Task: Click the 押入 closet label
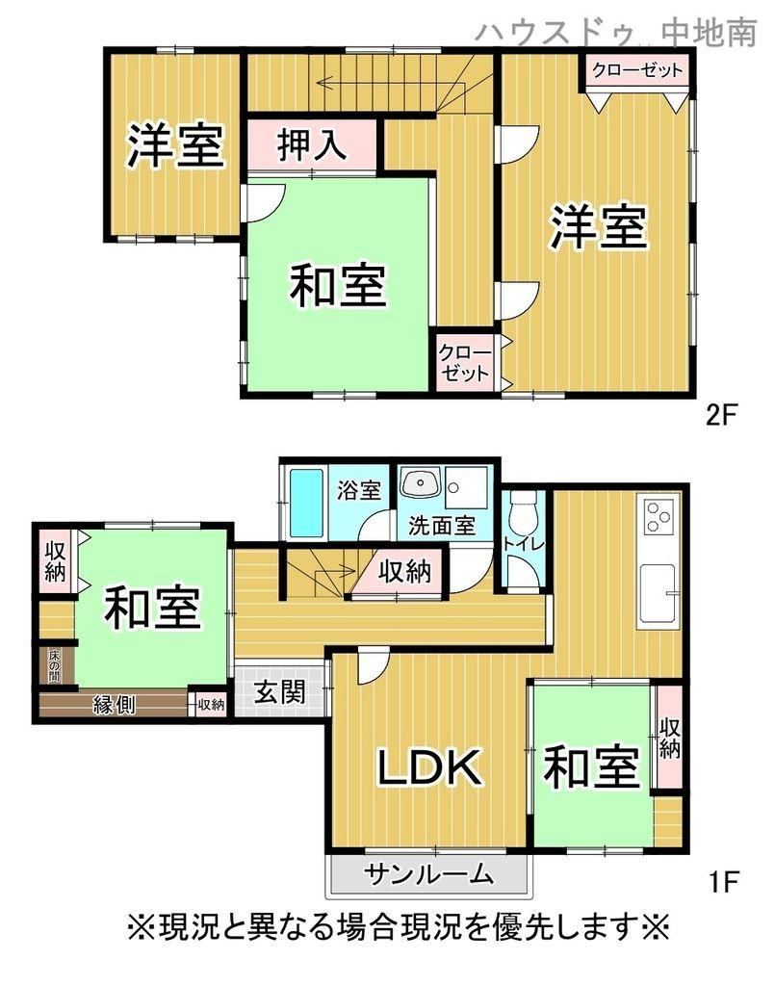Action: [312, 145]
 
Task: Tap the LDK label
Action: [429, 767]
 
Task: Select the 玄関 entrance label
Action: [280, 692]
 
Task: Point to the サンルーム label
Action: [428, 874]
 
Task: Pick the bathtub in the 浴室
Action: [307, 504]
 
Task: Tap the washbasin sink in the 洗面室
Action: [419, 483]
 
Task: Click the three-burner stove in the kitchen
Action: [659, 517]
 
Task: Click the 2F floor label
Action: [721, 415]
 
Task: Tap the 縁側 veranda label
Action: [115, 704]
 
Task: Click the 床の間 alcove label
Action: [55, 666]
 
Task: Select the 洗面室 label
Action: [442, 526]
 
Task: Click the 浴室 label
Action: [359, 490]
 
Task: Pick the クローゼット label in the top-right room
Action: [637, 69]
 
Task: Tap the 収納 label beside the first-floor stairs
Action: [405, 572]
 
